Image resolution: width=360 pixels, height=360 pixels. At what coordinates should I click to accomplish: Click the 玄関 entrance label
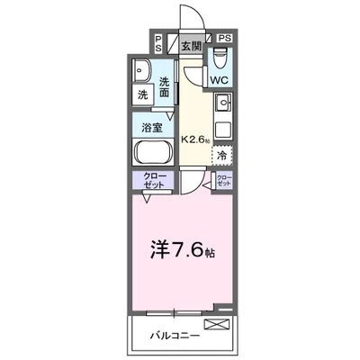pyautogui.click(x=191, y=46)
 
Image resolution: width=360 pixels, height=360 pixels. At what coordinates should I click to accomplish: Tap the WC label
pyautogui.click(x=220, y=79)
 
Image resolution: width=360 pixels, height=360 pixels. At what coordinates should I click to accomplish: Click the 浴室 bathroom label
pyautogui.click(x=152, y=127)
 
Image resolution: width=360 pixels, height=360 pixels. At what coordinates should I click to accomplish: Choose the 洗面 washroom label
pyautogui.click(x=165, y=87)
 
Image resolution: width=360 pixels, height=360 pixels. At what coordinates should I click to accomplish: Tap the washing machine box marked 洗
pyautogui.click(x=143, y=94)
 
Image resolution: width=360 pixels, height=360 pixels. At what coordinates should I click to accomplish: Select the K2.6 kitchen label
pyautogui.click(x=198, y=139)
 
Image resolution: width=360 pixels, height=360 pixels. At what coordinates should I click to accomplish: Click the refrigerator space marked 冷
pyautogui.click(x=222, y=155)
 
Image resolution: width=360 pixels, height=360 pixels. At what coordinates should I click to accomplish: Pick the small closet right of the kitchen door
pyautogui.click(x=223, y=180)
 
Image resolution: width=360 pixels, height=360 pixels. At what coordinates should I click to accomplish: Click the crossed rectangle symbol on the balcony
pyautogui.click(x=218, y=325)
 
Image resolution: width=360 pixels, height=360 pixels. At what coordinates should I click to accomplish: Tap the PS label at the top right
pyautogui.click(x=224, y=39)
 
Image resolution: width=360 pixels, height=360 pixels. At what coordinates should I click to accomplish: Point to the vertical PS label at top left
pyautogui.click(x=158, y=42)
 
